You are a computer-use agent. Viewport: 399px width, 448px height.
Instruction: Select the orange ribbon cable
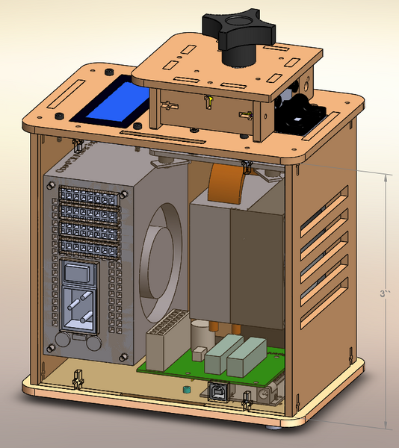click(x=229, y=182)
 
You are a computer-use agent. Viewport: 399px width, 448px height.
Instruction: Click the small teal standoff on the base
click(x=182, y=391)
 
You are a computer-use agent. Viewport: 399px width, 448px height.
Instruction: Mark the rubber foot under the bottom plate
click(x=275, y=428)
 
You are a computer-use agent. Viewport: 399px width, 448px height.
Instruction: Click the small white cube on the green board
click(x=200, y=351)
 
